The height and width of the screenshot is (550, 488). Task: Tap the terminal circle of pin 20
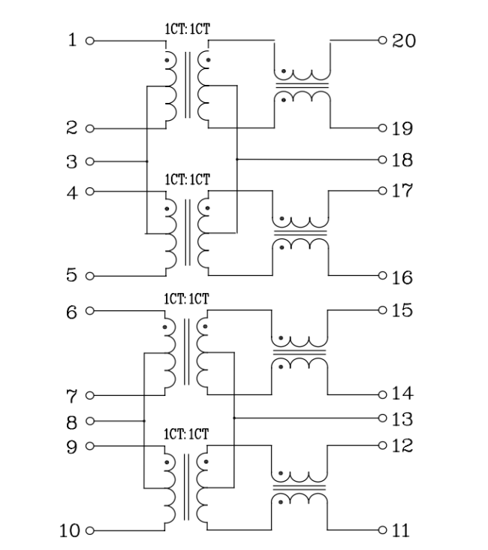point(383,40)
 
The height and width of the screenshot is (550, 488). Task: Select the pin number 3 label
point(71,162)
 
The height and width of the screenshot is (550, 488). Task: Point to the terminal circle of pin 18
point(383,159)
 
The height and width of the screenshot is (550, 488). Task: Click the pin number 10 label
point(70,531)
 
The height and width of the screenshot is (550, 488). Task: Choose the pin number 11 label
point(401,531)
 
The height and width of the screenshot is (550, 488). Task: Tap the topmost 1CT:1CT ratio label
point(187,29)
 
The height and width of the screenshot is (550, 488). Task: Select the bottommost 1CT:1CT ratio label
point(187,435)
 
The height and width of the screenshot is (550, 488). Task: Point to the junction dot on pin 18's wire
point(236,159)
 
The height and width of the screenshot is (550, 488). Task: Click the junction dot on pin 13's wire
point(234,417)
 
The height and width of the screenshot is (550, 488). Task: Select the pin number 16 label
point(402,278)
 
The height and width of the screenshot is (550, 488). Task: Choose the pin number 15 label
point(402,310)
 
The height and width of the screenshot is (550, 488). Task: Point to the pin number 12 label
point(402,446)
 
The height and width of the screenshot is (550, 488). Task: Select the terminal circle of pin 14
point(383,394)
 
